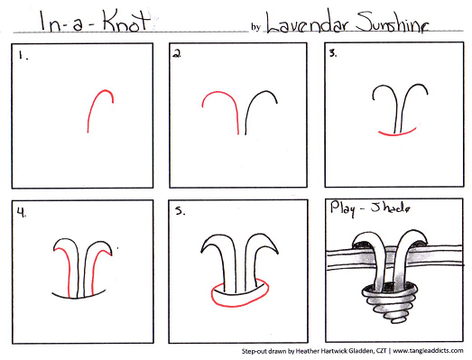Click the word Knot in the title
(x=125, y=21)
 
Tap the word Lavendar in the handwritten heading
(x=308, y=24)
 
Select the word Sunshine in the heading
(x=392, y=23)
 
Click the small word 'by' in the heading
(x=256, y=27)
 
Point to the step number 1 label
(x=23, y=55)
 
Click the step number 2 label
(x=177, y=53)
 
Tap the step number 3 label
(x=333, y=53)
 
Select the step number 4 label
(x=22, y=213)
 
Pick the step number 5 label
(x=180, y=211)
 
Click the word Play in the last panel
(x=342, y=208)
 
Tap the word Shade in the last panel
(x=390, y=208)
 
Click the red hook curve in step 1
(x=93, y=102)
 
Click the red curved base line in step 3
(x=397, y=134)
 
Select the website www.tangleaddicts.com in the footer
(x=428, y=351)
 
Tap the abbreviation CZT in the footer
(x=381, y=351)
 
